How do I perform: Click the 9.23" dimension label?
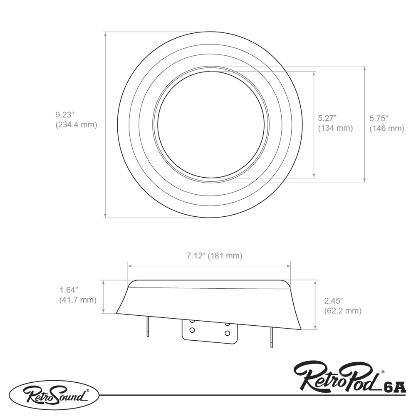(64, 114)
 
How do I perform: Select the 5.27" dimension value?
(327, 118)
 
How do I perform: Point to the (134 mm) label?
(335, 129)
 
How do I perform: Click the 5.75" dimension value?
(379, 118)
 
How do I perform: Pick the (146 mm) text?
(387, 129)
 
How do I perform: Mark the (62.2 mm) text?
(342, 310)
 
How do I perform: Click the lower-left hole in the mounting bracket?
(192, 330)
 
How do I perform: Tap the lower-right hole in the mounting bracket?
(227, 333)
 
